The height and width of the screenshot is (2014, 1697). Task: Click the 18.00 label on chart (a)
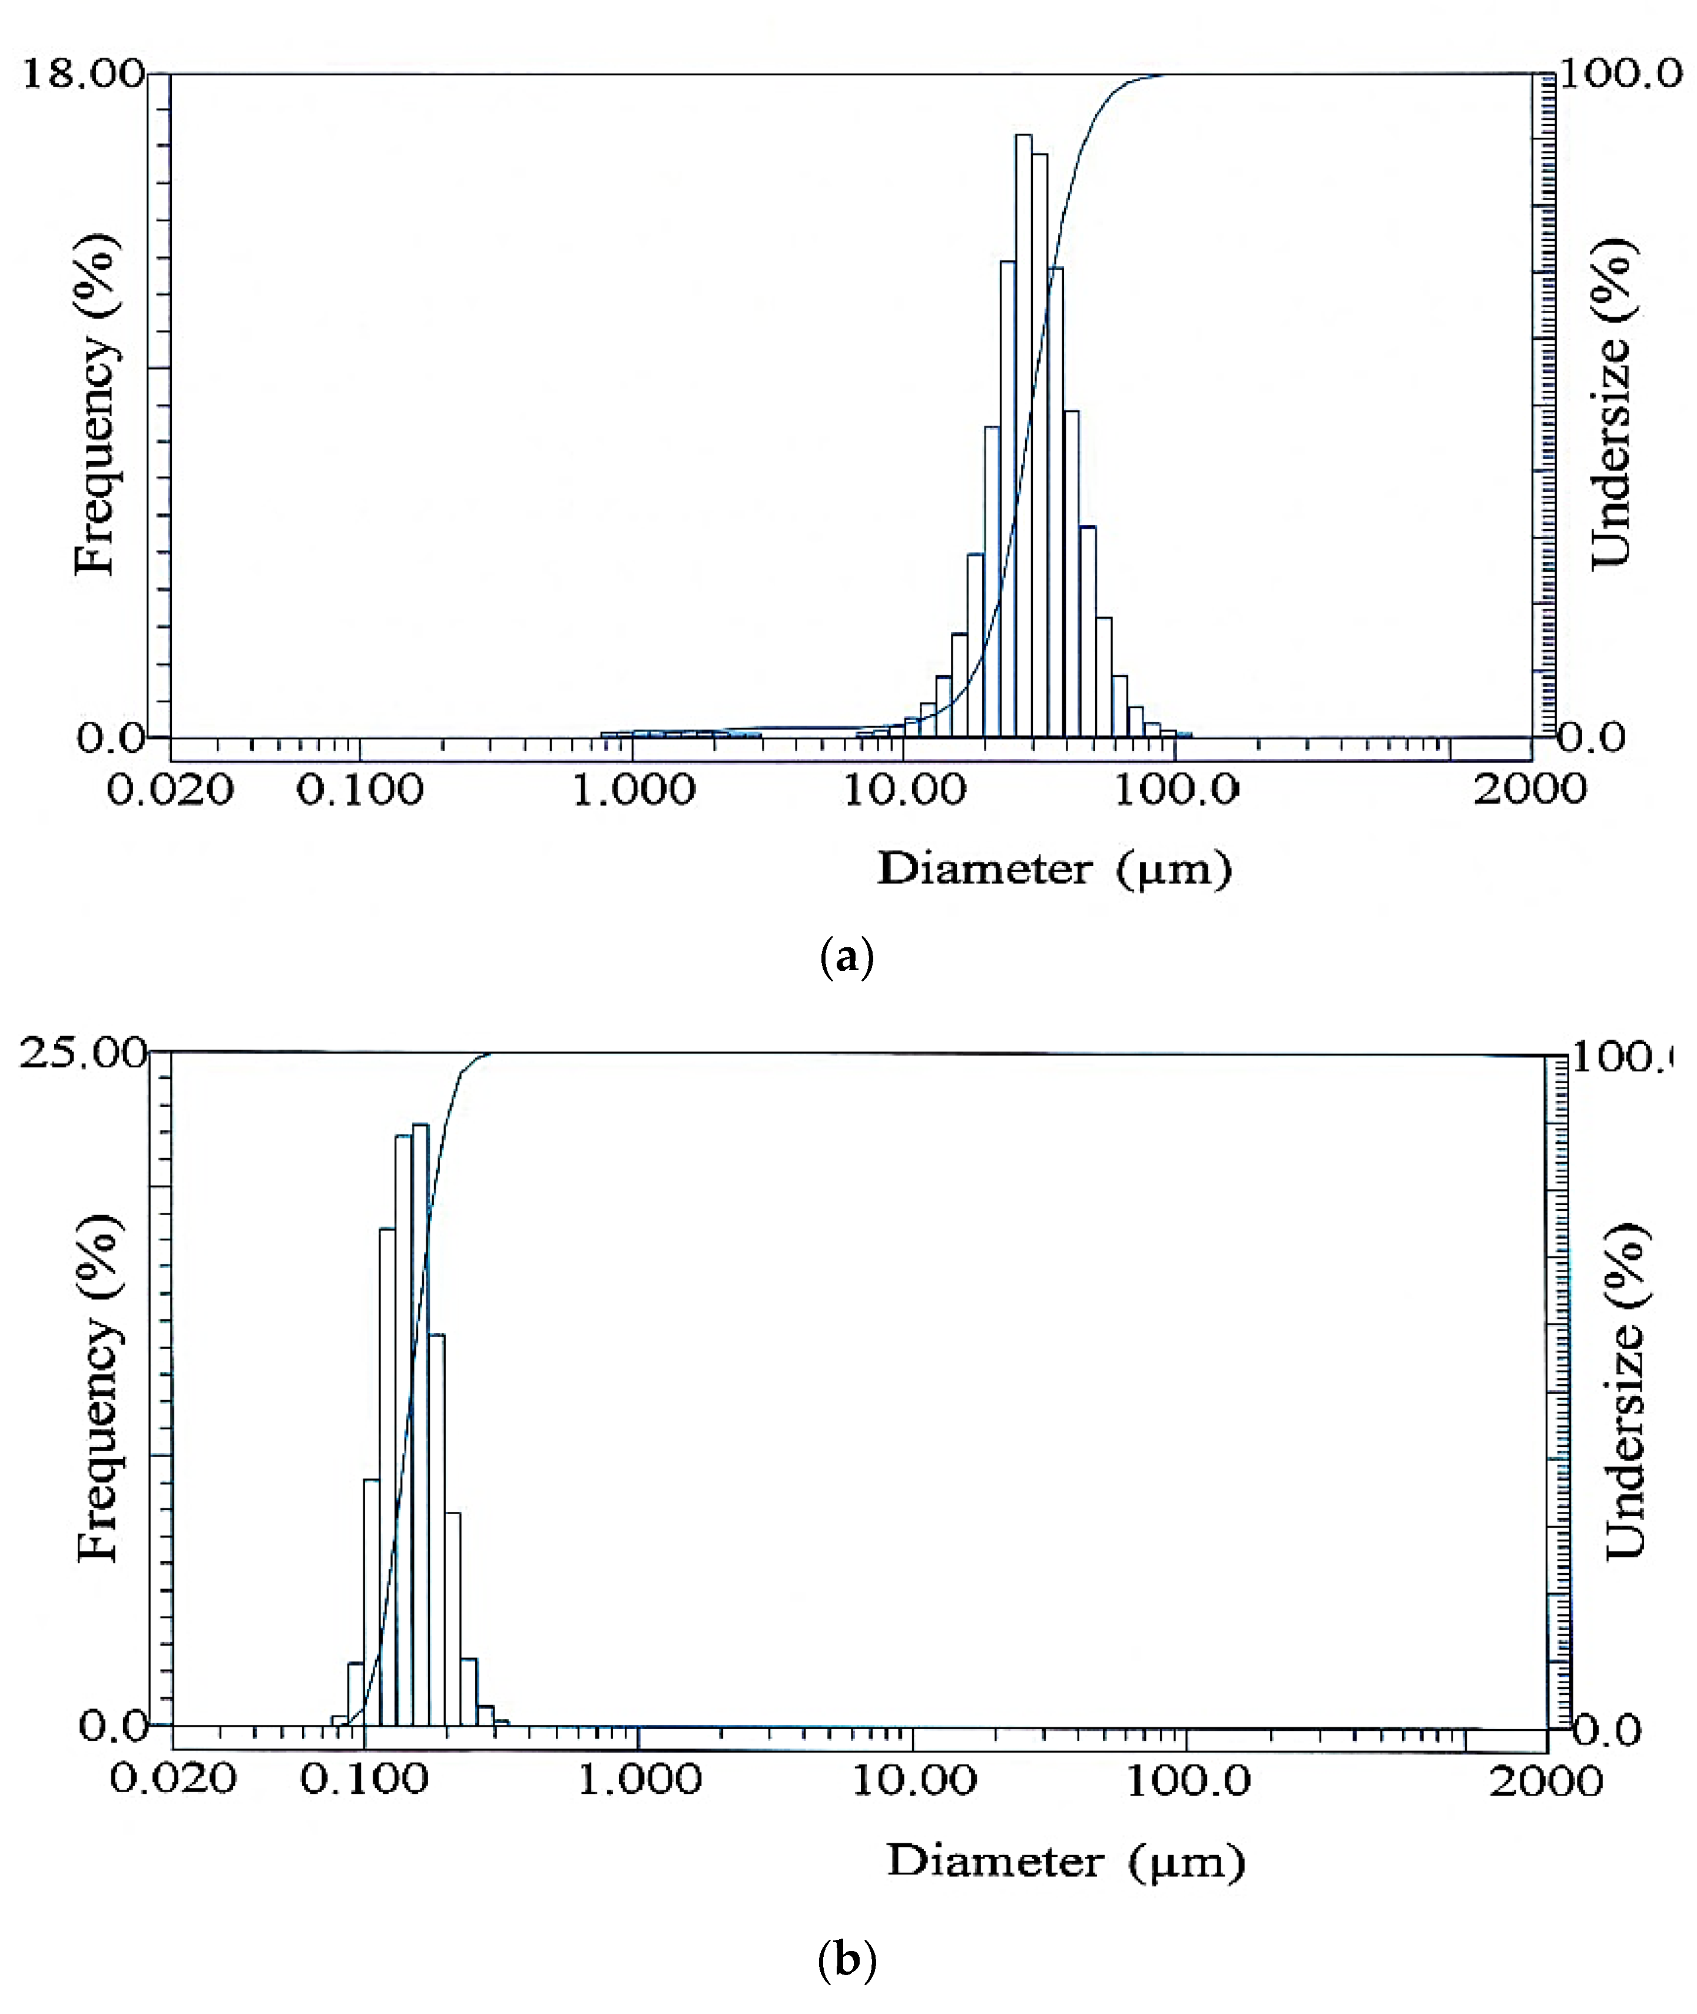point(82,74)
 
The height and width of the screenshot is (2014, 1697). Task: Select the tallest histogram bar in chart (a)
point(1023,433)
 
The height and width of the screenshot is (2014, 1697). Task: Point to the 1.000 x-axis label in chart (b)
point(639,1779)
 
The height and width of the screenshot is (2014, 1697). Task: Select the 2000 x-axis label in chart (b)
point(1546,1781)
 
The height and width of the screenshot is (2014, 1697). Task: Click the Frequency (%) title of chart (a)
point(96,404)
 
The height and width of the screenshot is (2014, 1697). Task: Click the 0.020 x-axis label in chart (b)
point(173,1779)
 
